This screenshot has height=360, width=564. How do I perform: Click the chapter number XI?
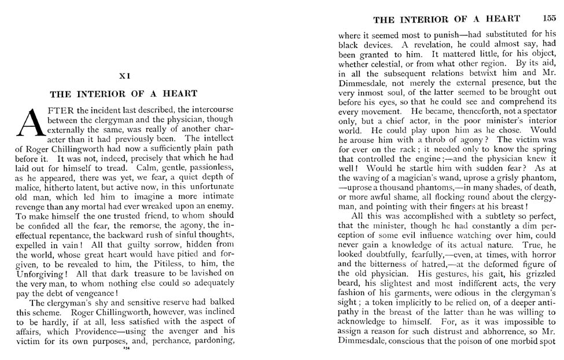(124, 75)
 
